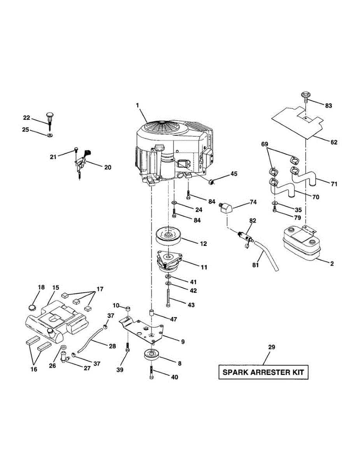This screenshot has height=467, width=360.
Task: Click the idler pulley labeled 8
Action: click(x=152, y=356)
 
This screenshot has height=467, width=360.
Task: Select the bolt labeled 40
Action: click(x=151, y=374)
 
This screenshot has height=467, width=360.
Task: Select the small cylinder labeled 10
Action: click(x=127, y=309)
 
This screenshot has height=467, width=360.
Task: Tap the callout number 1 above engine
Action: click(x=137, y=105)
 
